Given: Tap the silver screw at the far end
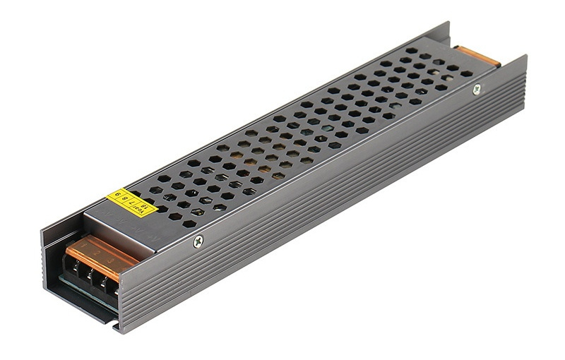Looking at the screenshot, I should pyautogui.click(x=477, y=89).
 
